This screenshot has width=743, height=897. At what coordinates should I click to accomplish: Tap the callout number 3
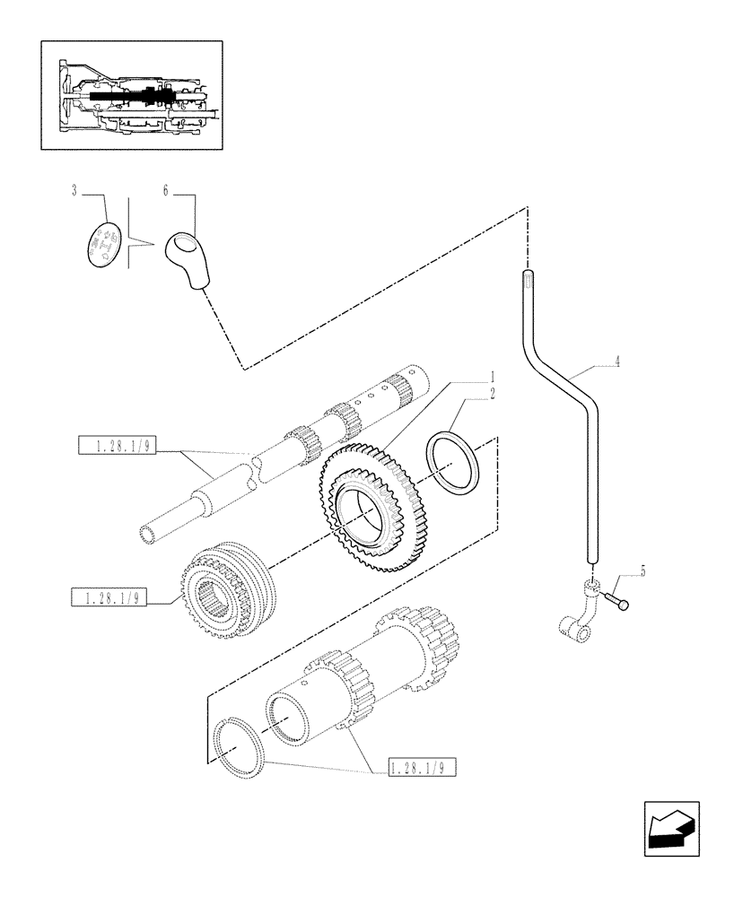pos(74,191)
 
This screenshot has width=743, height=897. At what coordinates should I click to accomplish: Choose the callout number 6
pos(166,191)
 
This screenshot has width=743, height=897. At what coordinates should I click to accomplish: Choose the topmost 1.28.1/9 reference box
pos(117,446)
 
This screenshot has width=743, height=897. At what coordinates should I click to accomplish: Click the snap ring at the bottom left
pos(239,743)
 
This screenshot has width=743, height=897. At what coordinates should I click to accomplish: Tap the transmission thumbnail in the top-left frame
pos(133,94)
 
